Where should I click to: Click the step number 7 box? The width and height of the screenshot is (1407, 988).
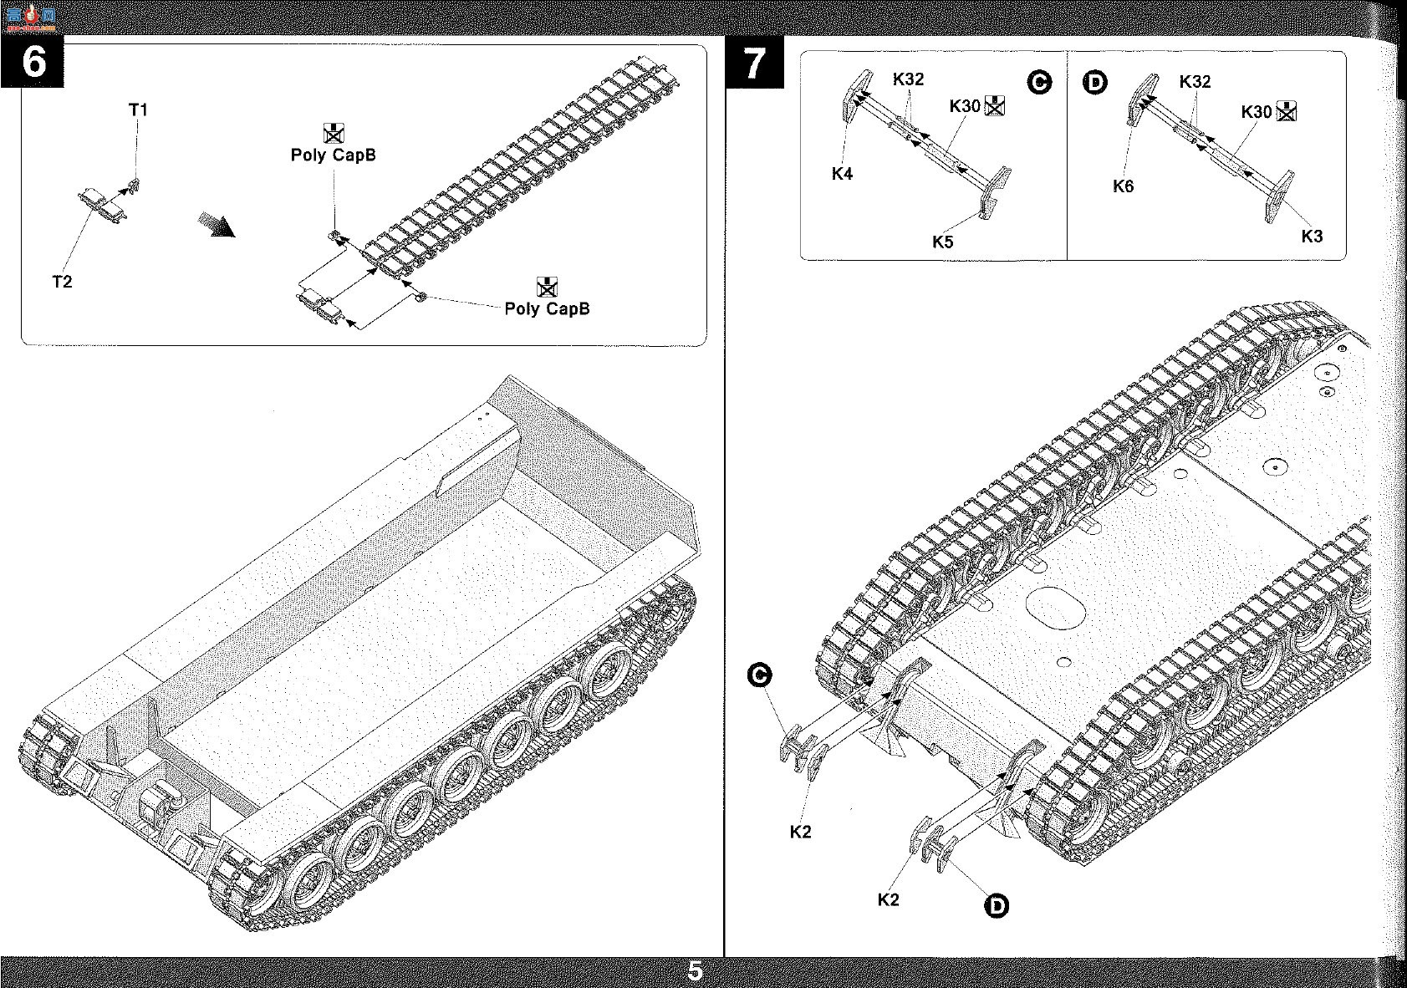pos(754,62)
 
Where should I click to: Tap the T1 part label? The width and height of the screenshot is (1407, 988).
pos(138,110)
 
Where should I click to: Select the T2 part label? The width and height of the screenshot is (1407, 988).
pos(62,282)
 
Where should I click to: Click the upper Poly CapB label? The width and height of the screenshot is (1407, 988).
pos(333,155)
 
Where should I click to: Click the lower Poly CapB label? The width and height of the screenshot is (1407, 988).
pos(547,308)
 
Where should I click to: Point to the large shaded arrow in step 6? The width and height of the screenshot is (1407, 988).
pos(216,225)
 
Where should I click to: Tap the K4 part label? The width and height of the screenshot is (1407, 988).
pos(843,174)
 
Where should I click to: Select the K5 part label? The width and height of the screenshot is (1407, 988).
pos(942,242)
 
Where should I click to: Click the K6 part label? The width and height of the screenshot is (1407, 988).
pos(1123,186)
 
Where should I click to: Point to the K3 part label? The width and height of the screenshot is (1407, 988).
pos(1312,237)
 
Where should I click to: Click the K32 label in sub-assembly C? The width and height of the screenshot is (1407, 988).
pos(908,79)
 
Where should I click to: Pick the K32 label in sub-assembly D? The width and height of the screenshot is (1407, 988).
pos(1195,82)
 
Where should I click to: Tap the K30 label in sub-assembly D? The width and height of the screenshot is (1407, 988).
pos(1257,112)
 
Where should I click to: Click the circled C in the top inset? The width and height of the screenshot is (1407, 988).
pos(1039,82)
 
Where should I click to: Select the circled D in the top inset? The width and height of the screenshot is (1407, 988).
pos(1095,82)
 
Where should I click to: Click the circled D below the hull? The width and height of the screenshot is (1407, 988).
pos(997,906)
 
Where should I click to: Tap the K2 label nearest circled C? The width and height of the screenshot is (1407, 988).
pos(800,832)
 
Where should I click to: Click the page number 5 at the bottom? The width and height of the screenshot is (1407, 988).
pos(695,970)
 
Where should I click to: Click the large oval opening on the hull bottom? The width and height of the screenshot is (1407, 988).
pos(1055,608)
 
